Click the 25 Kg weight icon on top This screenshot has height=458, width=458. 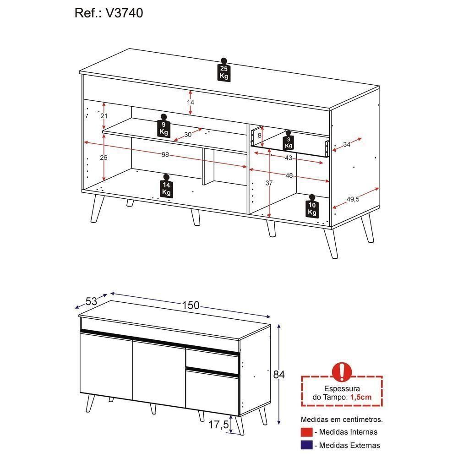224,71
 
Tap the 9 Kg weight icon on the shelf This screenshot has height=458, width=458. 164,126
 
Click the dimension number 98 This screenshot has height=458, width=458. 165,155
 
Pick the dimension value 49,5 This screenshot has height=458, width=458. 353,199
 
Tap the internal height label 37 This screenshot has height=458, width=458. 269,183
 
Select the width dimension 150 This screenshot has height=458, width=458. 190,305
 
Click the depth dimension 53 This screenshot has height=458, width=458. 92,301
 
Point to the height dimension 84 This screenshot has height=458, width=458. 279,375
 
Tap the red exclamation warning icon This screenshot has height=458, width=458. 342,371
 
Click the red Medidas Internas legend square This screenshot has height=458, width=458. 306,432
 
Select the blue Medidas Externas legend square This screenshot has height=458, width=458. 306,445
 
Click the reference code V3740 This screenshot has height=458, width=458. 124,13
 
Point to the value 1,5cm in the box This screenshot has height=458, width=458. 360,397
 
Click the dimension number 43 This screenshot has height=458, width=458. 288,158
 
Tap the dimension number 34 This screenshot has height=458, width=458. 347,145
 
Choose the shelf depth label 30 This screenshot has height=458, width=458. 188,135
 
